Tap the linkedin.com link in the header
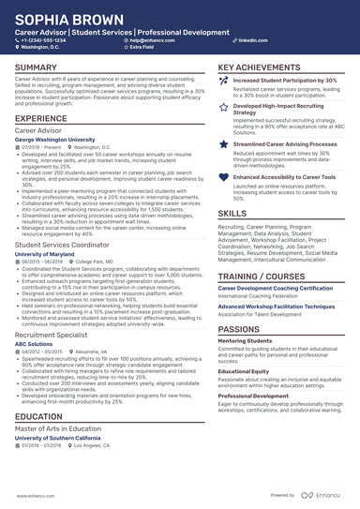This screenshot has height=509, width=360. click(x=247, y=41)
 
